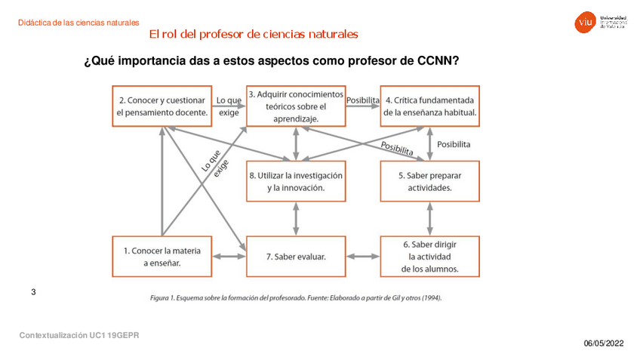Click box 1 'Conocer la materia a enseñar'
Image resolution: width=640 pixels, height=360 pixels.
coord(162,257)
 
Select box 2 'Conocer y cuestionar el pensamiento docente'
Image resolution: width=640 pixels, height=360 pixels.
coord(162,106)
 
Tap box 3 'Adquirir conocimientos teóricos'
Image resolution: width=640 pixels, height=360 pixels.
coord(295,106)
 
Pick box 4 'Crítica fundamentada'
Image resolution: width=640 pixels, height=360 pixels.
coord(429,106)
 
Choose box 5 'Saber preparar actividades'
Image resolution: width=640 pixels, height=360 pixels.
coord(429,181)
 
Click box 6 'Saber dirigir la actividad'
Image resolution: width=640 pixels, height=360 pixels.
coord(429,257)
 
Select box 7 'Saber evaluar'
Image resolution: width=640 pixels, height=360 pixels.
coord(295,257)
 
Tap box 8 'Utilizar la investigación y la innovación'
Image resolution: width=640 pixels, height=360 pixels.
coord(295,181)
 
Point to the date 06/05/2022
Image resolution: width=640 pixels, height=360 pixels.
coord(604,344)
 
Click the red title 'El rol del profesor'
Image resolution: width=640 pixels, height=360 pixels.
coord(254,35)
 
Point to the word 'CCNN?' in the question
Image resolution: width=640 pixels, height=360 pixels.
coord(438,60)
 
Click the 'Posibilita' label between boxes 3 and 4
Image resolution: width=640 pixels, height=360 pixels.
coord(362,99)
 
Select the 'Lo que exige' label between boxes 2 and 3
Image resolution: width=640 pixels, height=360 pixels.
coord(229,106)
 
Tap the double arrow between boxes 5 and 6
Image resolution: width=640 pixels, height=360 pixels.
coord(429,219)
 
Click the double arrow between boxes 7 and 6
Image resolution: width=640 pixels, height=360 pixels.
coord(362,257)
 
